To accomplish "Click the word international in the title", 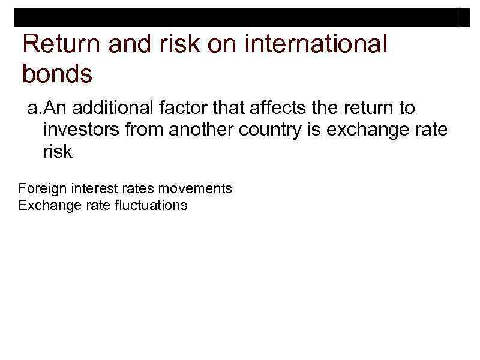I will pos(320,44).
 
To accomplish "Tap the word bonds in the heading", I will pos(57,74).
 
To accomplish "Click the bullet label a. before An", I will pos(35,108).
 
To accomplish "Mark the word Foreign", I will pos(43,188).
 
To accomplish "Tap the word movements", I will pos(195,188).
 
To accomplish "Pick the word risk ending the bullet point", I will pos(58,152).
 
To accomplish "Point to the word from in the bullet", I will pos(143,130).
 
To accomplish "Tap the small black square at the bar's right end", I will pos(464,19).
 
